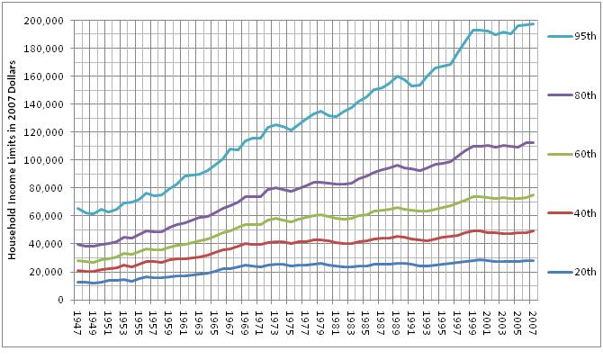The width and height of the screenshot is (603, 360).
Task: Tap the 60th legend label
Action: coord(579,155)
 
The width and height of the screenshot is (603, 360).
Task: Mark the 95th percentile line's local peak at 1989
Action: coord(397,76)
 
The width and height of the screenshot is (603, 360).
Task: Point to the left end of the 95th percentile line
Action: coord(77,208)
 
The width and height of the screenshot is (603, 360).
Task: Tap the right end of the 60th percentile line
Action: coord(533,194)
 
